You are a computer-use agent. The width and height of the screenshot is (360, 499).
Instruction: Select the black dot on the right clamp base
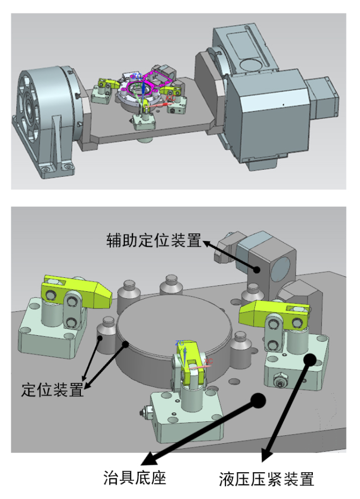[309, 359]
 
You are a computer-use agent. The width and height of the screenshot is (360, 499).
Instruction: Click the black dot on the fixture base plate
[258, 399]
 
